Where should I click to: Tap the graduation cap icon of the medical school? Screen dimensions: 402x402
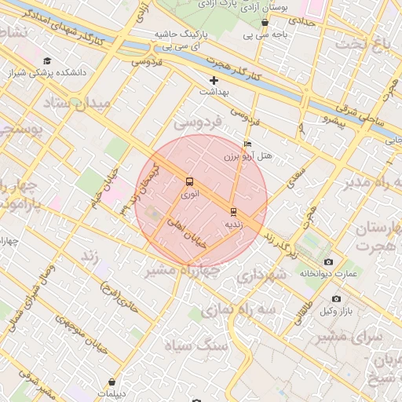pos(47,60)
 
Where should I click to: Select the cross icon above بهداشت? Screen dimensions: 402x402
pos(214,80)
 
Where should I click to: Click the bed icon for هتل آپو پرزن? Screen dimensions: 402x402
pos(247,144)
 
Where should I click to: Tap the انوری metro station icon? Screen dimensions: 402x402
pos(189,181)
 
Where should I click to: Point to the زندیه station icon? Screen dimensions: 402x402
pos(233,211)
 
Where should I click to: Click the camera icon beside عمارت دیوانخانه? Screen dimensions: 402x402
pos(328,261)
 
